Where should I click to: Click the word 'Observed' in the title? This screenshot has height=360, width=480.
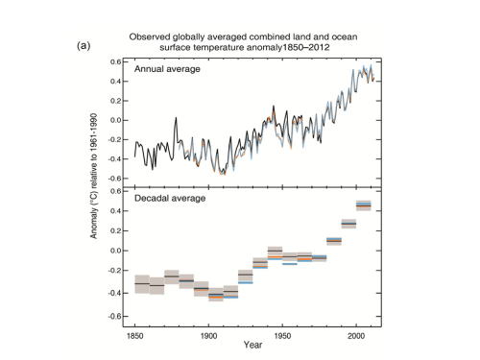(x=151, y=35)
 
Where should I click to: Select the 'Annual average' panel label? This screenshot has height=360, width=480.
(x=169, y=69)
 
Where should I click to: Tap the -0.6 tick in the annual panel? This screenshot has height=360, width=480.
(x=114, y=179)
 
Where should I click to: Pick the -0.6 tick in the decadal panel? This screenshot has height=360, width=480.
(x=114, y=317)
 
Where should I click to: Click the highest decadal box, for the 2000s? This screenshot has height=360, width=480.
(x=364, y=204)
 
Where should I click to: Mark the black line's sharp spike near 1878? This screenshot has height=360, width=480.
(x=176, y=119)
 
